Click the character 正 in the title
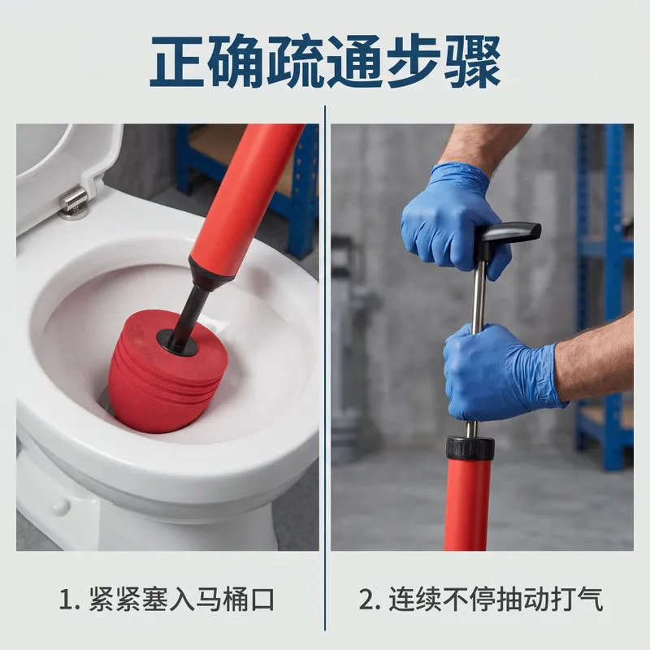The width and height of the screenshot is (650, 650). pyautogui.click(x=178, y=62)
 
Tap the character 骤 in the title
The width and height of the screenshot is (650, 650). pyautogui.click(x=472, y=62)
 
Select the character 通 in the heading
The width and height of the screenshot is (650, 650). pyautogui.click(x=354, y=62)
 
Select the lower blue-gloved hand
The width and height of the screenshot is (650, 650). pyautogui.click(x=500, y=372)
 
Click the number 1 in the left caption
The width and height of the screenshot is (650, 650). pyautogui.click(x=67, y=600)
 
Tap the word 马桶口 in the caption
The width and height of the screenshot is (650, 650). pyautogui.click(x=235, y=600)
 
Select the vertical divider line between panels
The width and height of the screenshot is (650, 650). pyautogui.click(x=325, y=368)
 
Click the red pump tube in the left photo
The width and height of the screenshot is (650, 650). pyautogui.click(x=245, y=198)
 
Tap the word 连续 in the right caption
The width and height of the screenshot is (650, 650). pyautogui.click(x=415, y=600)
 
